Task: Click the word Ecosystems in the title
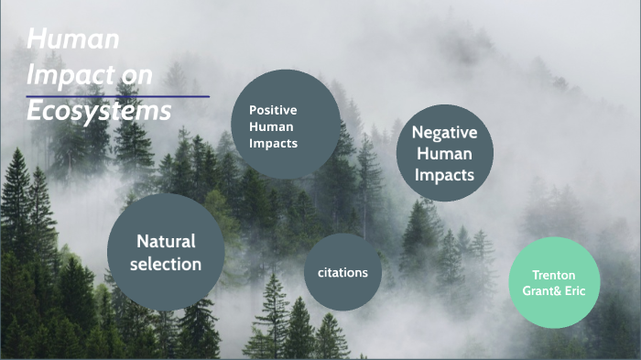click(99, 110)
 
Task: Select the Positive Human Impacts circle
click(286, 125)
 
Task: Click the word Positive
click(273, 110)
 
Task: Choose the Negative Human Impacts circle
click(444, 153)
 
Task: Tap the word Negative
click(444, 133)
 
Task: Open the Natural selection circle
click(166, 252)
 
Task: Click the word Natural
click(166, 242)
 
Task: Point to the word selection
click(166, 264)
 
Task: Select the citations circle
click(342, 272)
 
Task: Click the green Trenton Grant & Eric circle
click(554, 282)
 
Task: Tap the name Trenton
click(554, 274)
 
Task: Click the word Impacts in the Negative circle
click(444, 174)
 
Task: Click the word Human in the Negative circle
click(444, 154)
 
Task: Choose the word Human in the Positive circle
click(270, 126)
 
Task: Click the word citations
click(342, 272)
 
